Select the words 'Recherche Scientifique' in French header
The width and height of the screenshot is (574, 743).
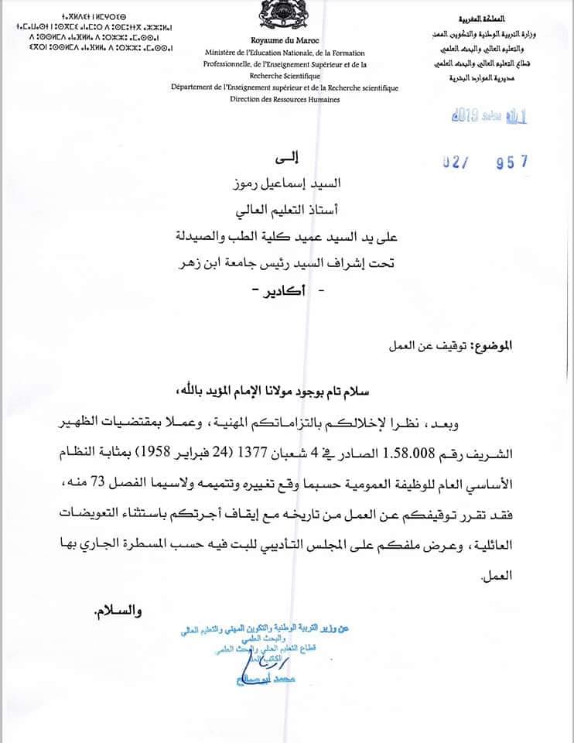pyautogui.click(x=285, y=77)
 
